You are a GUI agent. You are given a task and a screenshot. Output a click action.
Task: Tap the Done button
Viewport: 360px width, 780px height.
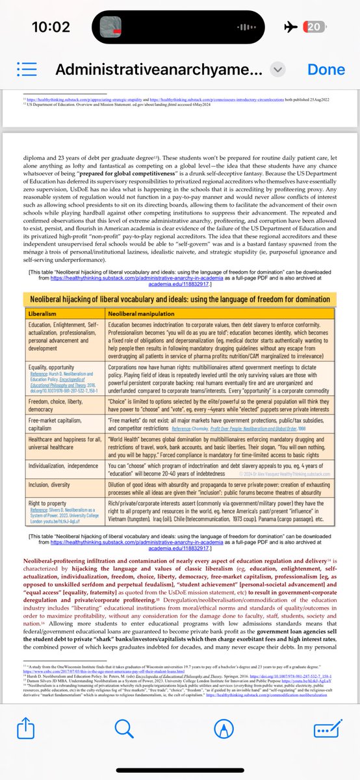click(x=326, y=70)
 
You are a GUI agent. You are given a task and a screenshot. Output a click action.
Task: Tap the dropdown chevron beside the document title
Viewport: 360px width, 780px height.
click(x=277, y=70)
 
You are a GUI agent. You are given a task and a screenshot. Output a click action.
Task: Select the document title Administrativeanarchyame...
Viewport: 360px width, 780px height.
click(x=159, y=70)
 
